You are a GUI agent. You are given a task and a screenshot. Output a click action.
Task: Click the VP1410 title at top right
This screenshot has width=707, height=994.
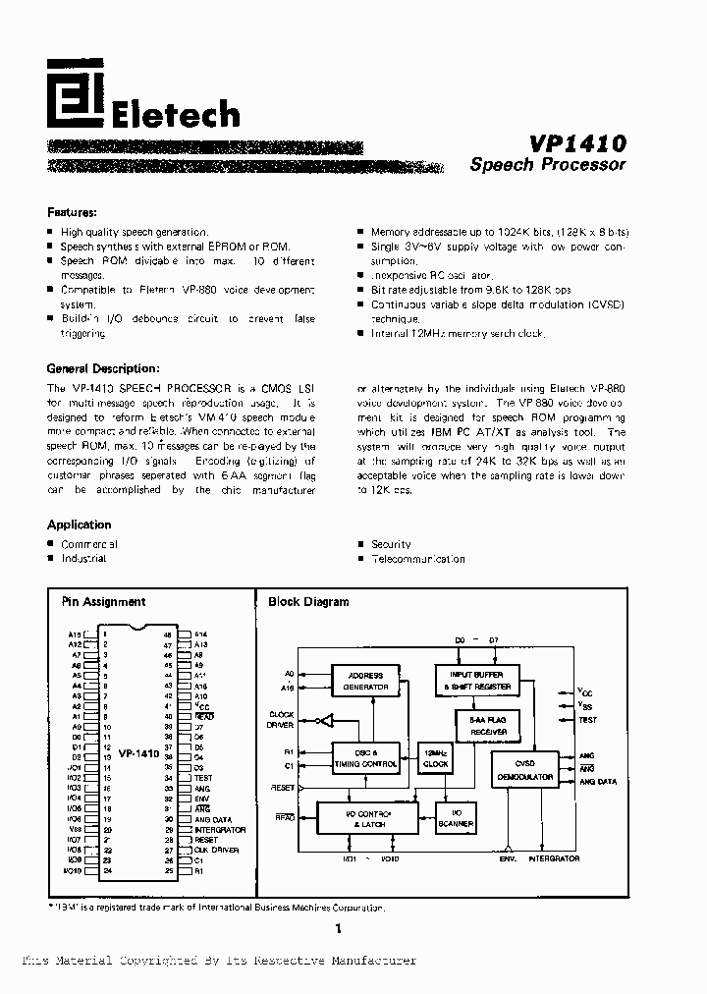(x=576, y=142)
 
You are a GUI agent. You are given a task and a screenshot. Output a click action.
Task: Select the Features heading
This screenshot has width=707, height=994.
(x=72, y=212)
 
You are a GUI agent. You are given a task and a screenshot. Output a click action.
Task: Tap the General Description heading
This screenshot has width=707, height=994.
(x=102, y=369)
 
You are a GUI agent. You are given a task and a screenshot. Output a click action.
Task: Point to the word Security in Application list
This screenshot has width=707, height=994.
(x=391, y=544)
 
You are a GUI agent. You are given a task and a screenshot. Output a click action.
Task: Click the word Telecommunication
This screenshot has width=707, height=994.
(x=417, y=559)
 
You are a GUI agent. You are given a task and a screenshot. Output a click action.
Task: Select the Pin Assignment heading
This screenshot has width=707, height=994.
(x=103, y=602)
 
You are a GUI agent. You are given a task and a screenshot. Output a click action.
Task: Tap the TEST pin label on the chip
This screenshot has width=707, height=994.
(x=203, y=778)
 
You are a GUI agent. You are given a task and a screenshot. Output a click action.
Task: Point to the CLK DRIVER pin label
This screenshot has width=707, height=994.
(x=216, y=850)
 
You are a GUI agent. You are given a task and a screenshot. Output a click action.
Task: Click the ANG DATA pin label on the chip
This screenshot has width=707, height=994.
(x=213, y=819)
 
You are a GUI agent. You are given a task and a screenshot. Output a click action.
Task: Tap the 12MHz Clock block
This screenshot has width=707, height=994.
(x=435, y=758)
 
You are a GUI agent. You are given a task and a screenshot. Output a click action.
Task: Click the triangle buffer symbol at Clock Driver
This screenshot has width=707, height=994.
(x=319, y=721)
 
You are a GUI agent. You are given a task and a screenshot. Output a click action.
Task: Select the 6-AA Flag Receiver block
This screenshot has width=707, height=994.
(x=481, y=725)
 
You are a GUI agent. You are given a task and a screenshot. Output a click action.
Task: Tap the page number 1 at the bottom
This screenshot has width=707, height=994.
(x=338, y=929)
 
